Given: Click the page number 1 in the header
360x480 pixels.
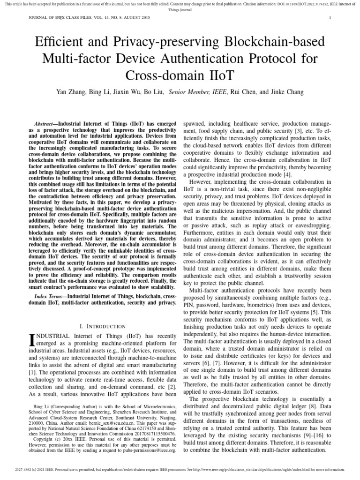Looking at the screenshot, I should [330, 18].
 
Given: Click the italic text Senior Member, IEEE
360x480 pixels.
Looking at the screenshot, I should [198, 93].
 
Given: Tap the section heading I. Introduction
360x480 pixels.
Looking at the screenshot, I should [103, 326].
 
